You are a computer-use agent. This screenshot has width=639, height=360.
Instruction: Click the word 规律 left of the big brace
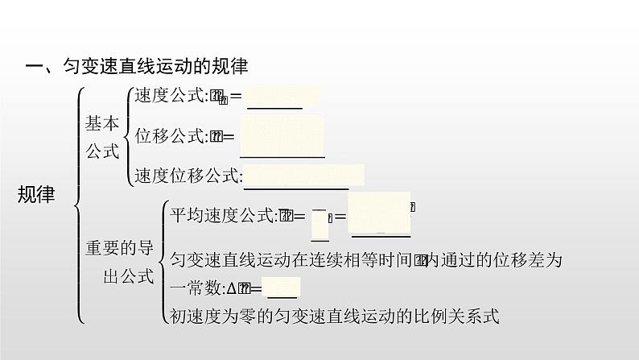(x=36, y=194)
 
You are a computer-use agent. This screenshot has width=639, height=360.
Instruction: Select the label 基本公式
(x=102, y=137)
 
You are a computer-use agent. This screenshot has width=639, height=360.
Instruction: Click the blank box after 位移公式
(x=282, y=136)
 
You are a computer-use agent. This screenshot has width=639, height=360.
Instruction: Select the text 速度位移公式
(x=188, y=175)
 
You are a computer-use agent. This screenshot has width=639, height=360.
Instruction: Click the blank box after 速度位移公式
(x=303, y=175)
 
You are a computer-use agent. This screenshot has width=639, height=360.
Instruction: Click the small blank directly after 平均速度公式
(x=319, y=225)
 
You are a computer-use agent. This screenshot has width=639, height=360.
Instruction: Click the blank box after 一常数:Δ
(x=282, y=288)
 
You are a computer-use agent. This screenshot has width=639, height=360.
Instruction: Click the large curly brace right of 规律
(x=78, y=205)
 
